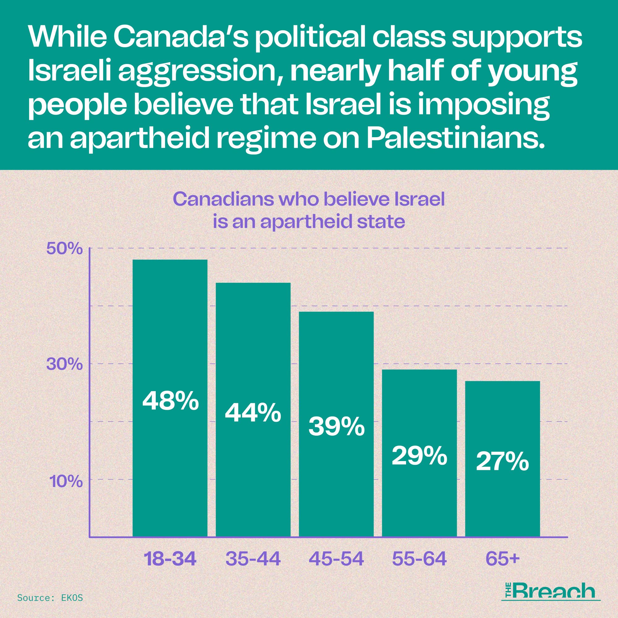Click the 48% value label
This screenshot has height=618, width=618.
(170, 401)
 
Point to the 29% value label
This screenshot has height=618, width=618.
(419, 456)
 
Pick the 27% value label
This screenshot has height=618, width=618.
(502, 462)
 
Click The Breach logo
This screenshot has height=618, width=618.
(551, 591)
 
